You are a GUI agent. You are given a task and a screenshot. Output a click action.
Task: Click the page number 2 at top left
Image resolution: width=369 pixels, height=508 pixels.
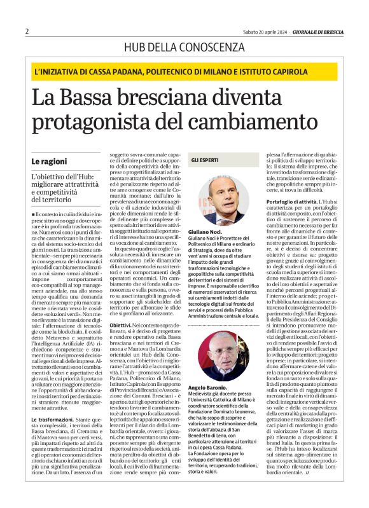pos(27,31)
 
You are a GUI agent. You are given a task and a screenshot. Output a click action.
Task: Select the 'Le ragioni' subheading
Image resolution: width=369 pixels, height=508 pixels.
pos(48,162)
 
